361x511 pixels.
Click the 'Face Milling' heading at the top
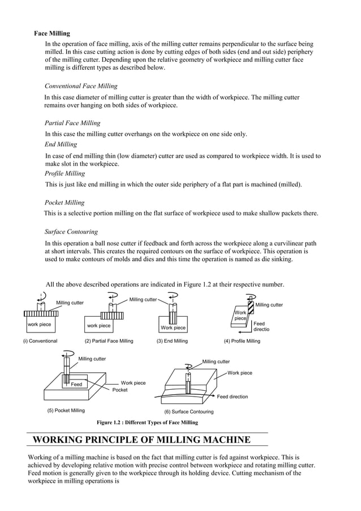tap(52, 33)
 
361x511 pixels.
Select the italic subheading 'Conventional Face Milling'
tap(81, 86)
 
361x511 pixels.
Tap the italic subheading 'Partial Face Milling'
tap(72, 123)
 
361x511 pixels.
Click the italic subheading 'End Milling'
tap(61, 144)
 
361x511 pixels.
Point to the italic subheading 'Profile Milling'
tap(65, 173)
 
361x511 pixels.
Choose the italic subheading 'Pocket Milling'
tap(65, 202)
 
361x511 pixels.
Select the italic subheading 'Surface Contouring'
tap(71, 232)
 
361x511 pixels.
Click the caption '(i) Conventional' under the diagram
tap(40, 341)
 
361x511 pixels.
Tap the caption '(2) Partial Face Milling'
tap(109, 341)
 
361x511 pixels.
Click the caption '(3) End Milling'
tap(172, 341)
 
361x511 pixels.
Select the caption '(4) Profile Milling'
tap(242, 341)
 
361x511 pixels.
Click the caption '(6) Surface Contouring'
tap(189, 412)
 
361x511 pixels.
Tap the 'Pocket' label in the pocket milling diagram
tap(120, 390)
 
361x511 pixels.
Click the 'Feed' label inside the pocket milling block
tap(76, 384)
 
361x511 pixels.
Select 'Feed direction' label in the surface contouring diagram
tap(232, 397)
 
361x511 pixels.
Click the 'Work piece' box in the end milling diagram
tap(173, 327)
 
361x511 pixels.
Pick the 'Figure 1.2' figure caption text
tap(147, 423)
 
